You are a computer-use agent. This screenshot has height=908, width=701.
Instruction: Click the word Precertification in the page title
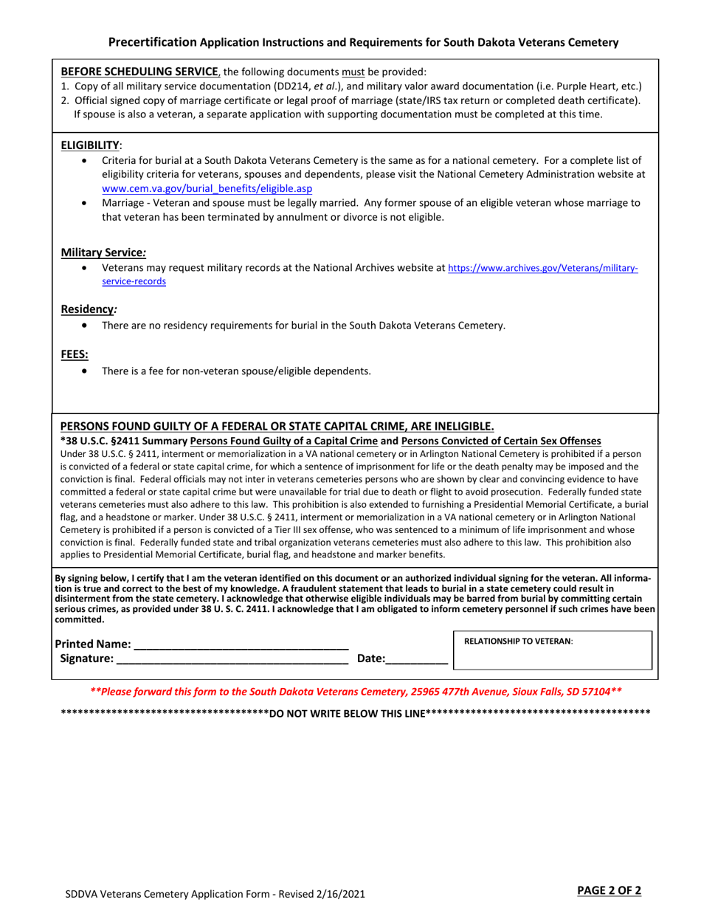tap(153, 42)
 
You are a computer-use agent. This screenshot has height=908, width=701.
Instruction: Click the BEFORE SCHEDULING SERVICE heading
tap(139, 72)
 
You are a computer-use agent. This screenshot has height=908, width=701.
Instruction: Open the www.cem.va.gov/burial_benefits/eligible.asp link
tap(207, 189)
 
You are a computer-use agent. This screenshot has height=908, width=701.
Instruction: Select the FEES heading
tap(75, 354)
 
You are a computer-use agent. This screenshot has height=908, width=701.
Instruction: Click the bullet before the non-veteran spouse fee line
tap(88, 371)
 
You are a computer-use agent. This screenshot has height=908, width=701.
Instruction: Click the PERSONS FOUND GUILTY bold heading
tap(277, 426)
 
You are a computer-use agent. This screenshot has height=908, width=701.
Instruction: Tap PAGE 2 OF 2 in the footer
tap(609, 890)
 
